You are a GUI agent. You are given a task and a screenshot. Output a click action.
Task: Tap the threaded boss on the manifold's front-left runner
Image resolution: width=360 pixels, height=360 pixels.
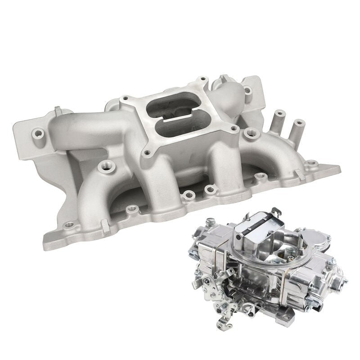pyautogui.click(x=107, y=166)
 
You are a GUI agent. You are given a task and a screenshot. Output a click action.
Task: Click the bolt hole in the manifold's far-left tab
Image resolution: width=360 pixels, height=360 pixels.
pyautogui.click(x=38, y=133)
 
